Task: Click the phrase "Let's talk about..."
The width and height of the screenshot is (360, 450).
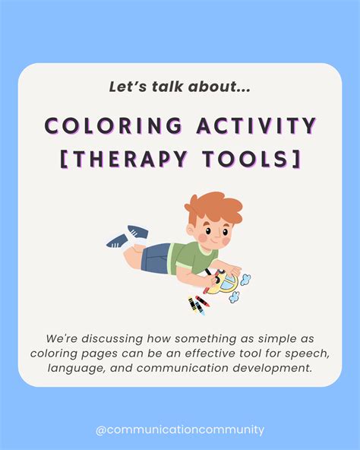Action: pyautogui.click(x=179, y=87)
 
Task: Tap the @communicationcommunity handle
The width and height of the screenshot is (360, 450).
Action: pyautogui.click(x=180, y=429)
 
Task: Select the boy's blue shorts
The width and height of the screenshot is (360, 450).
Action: pyautogui.click(x=158, y=258)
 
